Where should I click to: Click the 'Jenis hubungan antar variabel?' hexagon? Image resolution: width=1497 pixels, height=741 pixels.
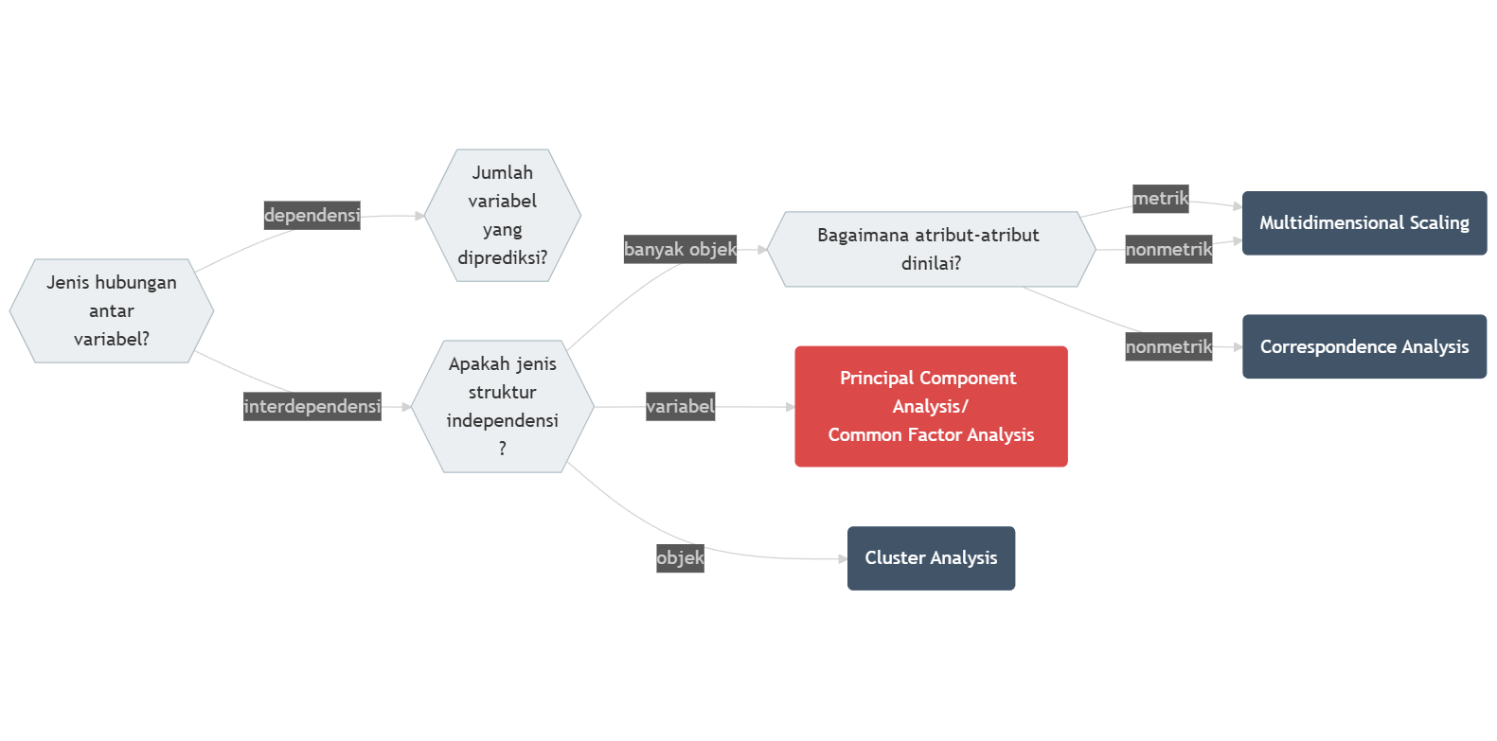[112, 310]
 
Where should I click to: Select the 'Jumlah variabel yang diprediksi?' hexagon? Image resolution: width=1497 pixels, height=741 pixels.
[502, 215]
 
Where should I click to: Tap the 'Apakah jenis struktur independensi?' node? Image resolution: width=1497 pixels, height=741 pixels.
[502, 406]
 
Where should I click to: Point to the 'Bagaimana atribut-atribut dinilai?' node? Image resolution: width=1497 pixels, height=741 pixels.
[931, 249]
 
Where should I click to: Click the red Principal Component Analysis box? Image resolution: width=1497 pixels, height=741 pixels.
[931, 406]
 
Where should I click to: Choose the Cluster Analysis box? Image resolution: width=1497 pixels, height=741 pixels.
[931, 558]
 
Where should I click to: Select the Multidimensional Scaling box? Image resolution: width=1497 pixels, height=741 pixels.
[1363, 223]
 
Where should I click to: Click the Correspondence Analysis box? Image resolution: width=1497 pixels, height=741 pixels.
[1363, 346]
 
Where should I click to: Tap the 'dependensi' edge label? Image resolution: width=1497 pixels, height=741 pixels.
[312, 216]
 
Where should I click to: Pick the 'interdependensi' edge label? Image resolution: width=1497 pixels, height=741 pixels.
[312, 406]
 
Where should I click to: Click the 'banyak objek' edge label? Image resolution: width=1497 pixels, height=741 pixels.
[680, 250]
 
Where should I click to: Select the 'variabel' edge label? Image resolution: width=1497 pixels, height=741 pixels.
[680, 407]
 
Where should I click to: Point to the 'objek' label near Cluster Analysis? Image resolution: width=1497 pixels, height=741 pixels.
[680, 558]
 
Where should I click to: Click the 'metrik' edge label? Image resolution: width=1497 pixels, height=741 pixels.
[1160, 199]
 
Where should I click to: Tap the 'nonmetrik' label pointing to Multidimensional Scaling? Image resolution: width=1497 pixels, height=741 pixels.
[1168, 250]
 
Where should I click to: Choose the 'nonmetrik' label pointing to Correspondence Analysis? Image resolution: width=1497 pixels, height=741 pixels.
[1168, 347]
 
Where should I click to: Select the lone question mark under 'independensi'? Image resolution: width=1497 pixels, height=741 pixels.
[502, 449]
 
